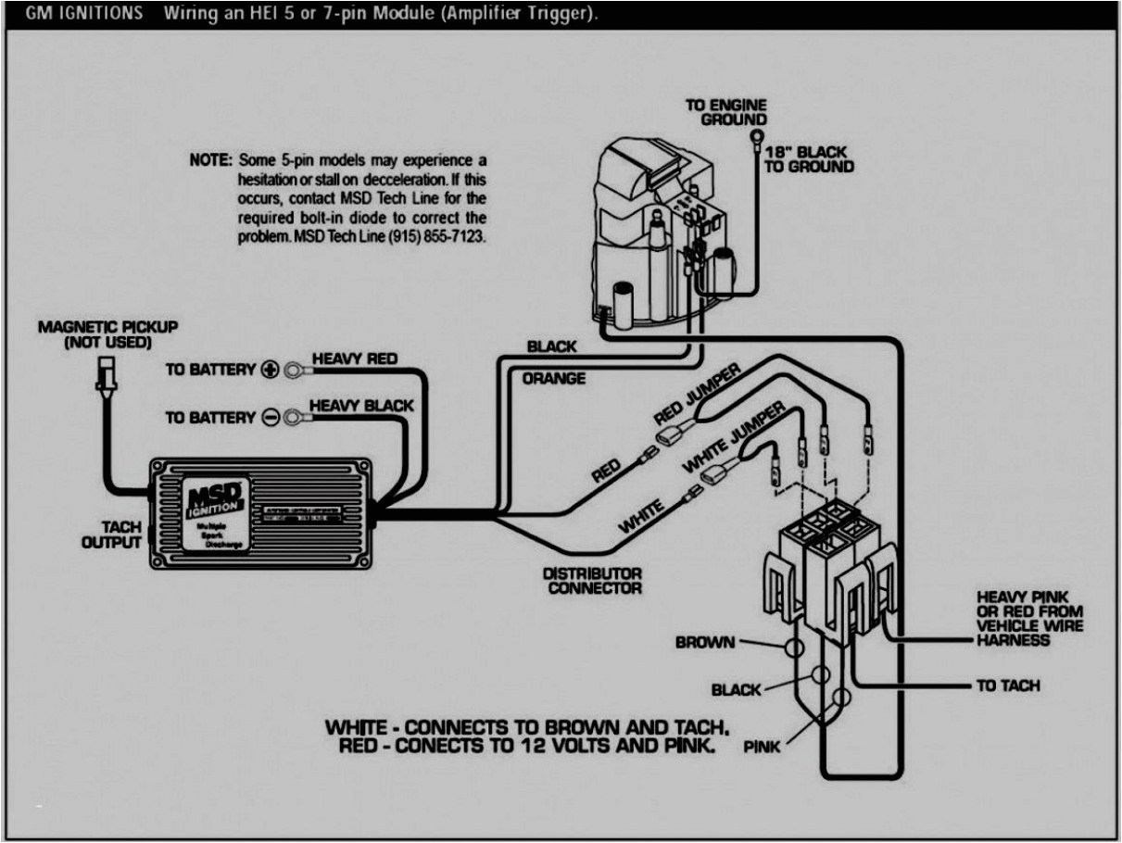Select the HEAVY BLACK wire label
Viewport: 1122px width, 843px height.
(x=361, y=406)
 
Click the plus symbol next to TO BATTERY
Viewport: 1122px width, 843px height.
(x=271, y=370)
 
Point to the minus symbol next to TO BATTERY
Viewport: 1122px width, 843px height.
(x=271, y=418)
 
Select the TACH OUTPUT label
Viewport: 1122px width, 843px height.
(x=110, y=535)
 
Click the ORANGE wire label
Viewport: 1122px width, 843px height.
(x=554, y=378)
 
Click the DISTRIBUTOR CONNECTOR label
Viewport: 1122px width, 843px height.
(x=593, y=581)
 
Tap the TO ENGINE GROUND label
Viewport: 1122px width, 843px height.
(x=725, y=112)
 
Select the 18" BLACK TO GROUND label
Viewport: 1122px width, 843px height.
(x=808, y=158)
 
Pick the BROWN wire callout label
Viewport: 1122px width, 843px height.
(x=705, y=642)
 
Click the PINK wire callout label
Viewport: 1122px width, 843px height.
(x=762, y=746)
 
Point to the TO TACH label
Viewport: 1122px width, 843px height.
(x=1008, y=686)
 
